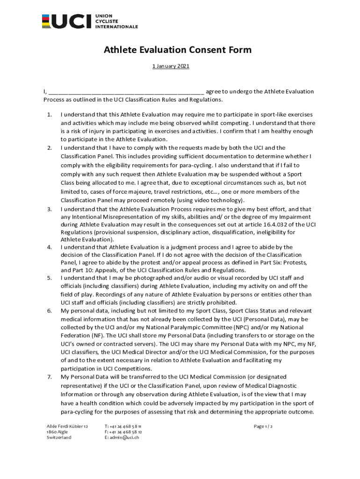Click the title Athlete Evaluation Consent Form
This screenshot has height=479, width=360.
(x=178, y=50)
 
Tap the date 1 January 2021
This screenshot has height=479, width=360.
(x=171, y=66)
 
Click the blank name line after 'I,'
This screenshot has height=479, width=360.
(x=126, y=92)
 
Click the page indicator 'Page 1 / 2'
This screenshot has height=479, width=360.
(x=263, y=427)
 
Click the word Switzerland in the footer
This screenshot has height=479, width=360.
(x=59, y=438)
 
